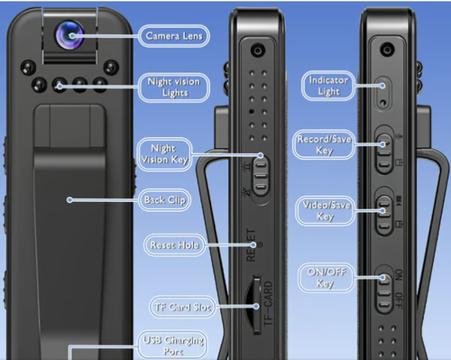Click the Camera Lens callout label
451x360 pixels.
tap(174, 36)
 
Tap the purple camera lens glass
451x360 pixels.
tap(69, 35)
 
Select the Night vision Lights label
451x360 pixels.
tap(174, 88)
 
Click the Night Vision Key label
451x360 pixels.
tap(164, 154)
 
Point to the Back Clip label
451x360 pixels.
tap(165, 200)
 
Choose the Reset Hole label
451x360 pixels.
tap(174, 245)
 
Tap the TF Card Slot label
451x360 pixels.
tap(182, 307)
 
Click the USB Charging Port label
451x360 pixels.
tap(173, 346)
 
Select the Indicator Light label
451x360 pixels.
tap(328, 86)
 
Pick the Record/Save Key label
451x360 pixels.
tap(324, 144)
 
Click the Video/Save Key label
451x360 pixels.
tap(326, 210)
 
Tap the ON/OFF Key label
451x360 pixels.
tap(327, 278)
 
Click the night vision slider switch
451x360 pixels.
tap(261, 176)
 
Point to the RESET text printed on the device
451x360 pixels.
tap(251, 245)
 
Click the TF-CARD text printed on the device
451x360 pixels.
tap(268, 303)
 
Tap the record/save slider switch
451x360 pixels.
tap(384, 153)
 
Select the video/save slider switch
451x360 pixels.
tap(384, 216)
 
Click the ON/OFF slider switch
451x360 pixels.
tap(384, 293)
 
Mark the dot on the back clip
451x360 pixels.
tap(69, 200)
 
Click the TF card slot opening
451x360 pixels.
tap(255, 305)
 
